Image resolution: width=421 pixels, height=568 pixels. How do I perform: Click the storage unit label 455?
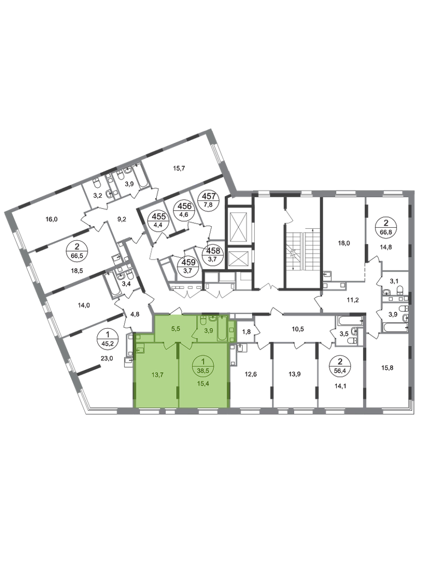point(159,217)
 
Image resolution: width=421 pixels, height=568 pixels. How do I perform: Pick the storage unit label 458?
point(212,250)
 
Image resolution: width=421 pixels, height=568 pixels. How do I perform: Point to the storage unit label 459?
point(189,262)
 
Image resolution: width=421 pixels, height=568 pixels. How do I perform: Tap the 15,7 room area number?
point(179,168)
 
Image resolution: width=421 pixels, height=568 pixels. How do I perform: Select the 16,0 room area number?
point(52,219)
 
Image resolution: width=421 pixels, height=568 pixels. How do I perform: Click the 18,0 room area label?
point(344,243)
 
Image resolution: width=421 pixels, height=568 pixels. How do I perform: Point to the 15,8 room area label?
point(388,368)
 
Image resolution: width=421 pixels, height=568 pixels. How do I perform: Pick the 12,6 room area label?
point(250,374)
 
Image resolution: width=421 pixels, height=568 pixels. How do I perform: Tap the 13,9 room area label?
point(295,374)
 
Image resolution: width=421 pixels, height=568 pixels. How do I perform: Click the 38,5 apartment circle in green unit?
point(203,364)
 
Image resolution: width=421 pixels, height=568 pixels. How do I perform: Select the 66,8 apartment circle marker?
point(386,227)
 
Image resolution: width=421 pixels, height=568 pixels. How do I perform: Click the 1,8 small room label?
point(246,331)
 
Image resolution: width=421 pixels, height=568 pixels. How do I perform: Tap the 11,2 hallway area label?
point(353,300)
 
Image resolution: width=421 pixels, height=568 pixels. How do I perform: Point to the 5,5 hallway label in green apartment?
point(176,329)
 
